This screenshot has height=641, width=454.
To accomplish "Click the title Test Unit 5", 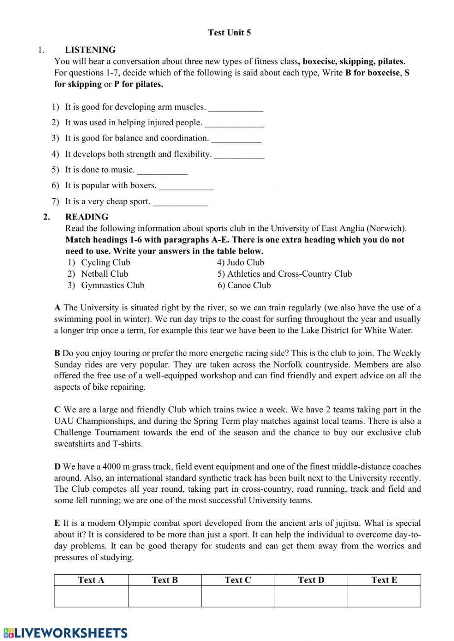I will [x=229, y=33].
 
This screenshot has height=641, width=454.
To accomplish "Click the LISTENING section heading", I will [x=90, y=50].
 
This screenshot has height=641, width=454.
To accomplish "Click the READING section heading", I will [x=87, y=217].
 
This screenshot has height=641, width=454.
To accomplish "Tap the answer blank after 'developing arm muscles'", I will [x=236, y=108].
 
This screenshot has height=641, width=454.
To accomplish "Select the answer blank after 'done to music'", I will [x=162, y=171].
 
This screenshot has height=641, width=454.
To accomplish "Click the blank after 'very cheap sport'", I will [x=180, y=202].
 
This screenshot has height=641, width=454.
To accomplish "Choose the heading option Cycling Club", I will [x=105, y=263].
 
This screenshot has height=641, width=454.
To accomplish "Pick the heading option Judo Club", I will [x=245, y=263].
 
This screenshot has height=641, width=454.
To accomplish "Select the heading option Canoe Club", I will [x=249, y=285].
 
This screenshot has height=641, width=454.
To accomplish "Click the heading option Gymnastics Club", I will [x=113, y=285].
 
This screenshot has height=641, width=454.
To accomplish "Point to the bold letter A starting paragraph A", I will [x=57, y=308].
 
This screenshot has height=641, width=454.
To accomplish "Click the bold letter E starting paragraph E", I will [x=57, y=524].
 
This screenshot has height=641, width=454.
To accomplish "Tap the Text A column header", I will [x=91, y=580].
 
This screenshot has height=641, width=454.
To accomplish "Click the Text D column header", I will [x=311, y=580].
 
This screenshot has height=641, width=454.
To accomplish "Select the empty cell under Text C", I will [x=238, y=596].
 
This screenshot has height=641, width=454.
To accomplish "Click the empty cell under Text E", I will [x=384, y=596].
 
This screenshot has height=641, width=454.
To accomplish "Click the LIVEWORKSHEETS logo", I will [x=65, y=632].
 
